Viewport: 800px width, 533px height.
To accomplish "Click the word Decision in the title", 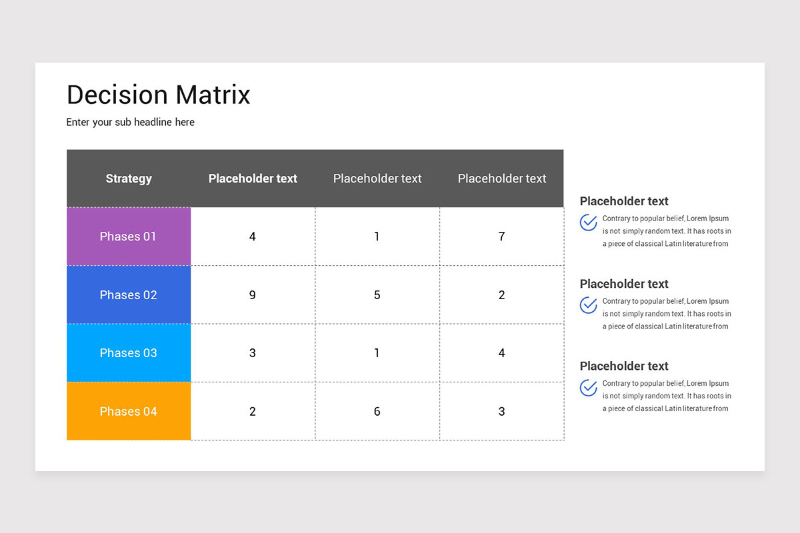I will point(117,95).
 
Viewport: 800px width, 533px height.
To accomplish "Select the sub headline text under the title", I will point(131,123).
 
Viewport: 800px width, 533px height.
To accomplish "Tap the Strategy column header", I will point(129,179).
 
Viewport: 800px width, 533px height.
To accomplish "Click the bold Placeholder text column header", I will point(253,179).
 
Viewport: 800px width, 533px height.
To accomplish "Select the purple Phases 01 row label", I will point(129,237).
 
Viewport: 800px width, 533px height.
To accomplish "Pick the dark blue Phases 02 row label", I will point(129,295).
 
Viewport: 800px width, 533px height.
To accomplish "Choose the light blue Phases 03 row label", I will point(129,353).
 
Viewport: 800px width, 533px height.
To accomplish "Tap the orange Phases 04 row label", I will point(129,412).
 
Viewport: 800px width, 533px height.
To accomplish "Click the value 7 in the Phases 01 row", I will point(501,237).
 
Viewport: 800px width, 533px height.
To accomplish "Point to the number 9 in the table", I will point(253,295).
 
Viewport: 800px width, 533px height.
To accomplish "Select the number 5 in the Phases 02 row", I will point(377,295).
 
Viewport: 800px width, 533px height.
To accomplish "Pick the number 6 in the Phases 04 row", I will point(377,412).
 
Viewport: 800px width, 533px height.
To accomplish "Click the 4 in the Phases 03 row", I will point(501,353).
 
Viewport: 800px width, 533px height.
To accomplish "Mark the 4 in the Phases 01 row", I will point(253,237).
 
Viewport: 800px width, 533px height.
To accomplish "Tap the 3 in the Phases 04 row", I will point(501,412).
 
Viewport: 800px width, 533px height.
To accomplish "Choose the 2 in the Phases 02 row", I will point(501,295).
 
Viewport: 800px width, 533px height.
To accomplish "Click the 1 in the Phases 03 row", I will point(377,353).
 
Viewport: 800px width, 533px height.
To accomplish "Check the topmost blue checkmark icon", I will point(588,223).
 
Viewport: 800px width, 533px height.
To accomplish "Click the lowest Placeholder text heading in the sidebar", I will point(624,366).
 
